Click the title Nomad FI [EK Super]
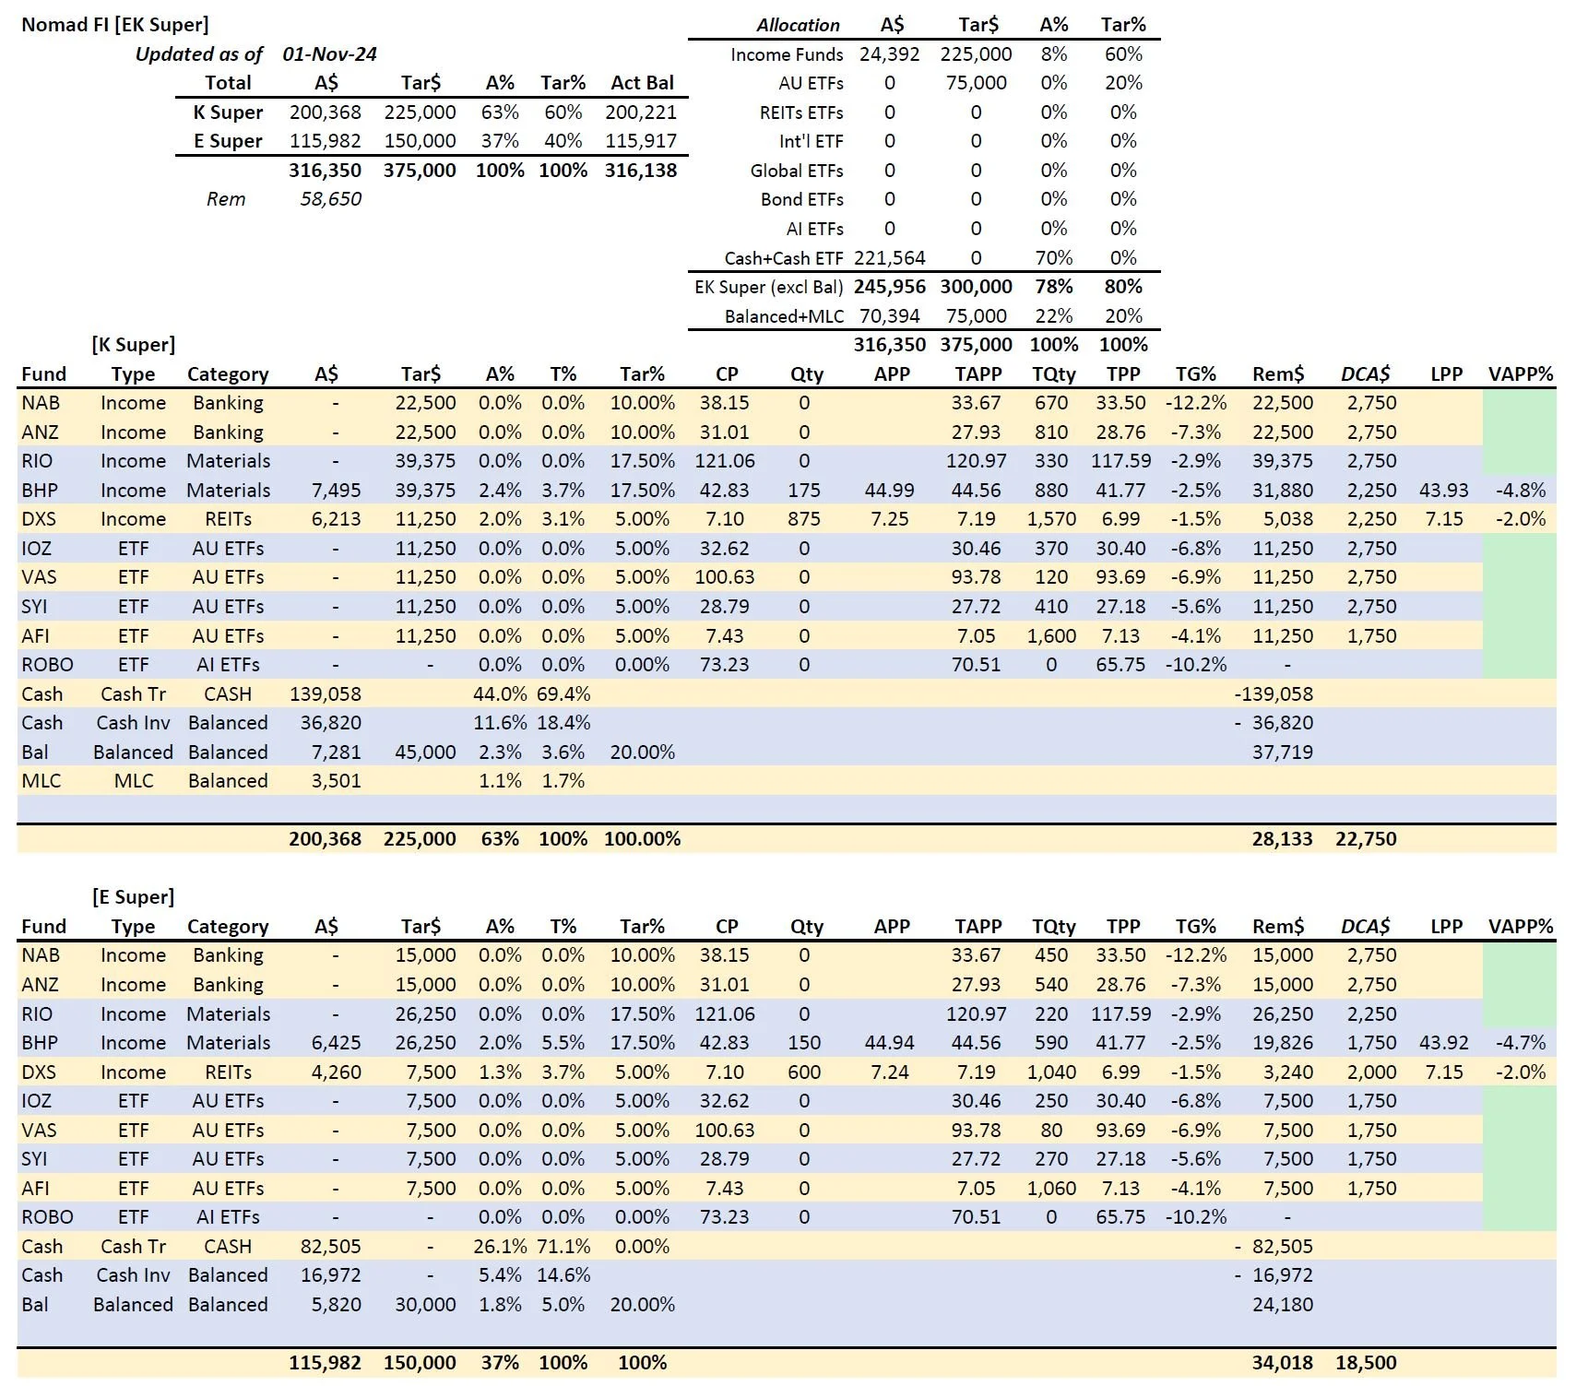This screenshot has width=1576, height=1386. point(115,24)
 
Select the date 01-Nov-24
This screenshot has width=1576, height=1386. point(329,53)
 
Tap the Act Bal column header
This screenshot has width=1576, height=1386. point(642,83)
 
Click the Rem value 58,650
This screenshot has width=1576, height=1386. point(330,199)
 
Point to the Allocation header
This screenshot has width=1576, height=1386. point(798,25)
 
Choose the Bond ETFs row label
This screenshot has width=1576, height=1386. point(801,199)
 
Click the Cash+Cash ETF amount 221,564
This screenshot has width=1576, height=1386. point(889,258)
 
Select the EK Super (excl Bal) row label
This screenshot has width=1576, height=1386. point(768,287)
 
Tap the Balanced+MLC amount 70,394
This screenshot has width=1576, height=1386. point(889,316)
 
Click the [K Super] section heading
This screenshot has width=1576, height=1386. point(134,345)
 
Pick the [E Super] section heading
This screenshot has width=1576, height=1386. point(134,897)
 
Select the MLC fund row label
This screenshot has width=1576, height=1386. point(41,781)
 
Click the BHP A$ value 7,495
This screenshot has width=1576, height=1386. point(336,491)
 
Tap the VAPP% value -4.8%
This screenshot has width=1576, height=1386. point(1520,491)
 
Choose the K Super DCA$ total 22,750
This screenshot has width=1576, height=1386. point(1365,839)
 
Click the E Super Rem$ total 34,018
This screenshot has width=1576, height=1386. point(1282,1363)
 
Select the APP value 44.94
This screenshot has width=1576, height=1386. point(889,1043)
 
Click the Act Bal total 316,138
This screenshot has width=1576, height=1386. point(641,171)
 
